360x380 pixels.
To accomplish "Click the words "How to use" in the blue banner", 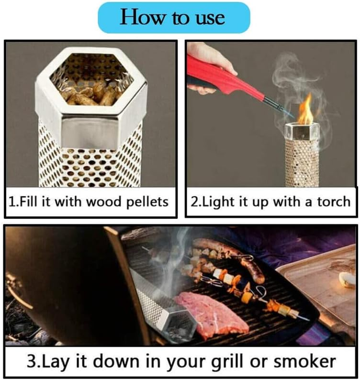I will pos(173,18).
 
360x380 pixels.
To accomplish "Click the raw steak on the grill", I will pos(211,313).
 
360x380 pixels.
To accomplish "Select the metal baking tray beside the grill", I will pos(319,279).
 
